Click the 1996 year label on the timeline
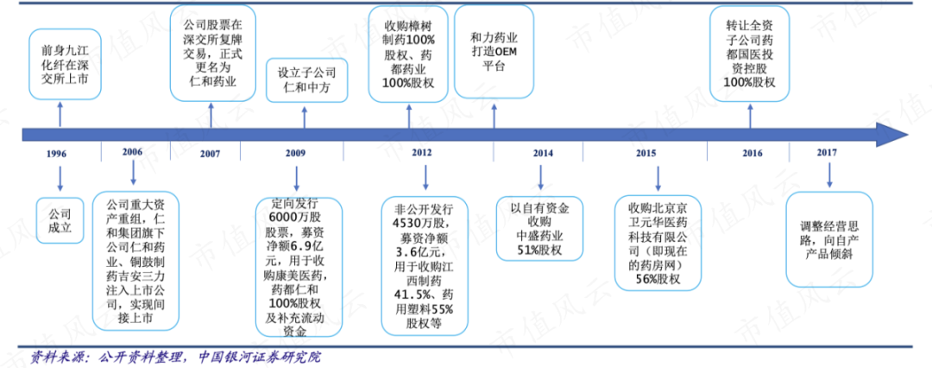pos(56,155)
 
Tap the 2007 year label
pos(209,155)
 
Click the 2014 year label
pos(542,153)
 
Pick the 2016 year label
pos(752,153)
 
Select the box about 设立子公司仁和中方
pos(306,80)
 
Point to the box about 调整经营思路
pos(831,237)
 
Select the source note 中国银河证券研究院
pos(259,356)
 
